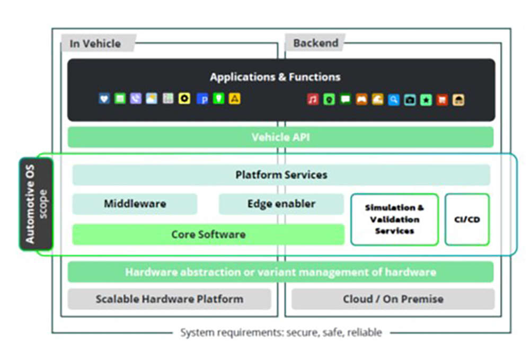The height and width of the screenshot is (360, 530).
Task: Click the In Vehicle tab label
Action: point(95,43)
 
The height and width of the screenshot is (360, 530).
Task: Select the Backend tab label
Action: point(315,43)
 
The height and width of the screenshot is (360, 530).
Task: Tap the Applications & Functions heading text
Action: point(275,77)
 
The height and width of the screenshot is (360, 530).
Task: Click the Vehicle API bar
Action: point(280,137)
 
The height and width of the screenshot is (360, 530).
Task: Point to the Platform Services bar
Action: point(281,174)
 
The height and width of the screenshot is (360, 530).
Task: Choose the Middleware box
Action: point(135,204)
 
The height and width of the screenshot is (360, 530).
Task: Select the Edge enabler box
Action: point(281,204)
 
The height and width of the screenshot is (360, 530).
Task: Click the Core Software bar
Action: point(208,234)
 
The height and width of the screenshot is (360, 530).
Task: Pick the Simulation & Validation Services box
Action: point(394,219)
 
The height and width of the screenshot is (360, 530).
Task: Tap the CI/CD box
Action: point(467,219)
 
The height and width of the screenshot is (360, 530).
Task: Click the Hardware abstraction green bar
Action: point(280,272)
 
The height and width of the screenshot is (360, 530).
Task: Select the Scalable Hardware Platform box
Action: point(169,299)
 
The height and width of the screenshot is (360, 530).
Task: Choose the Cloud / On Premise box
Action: point(393,299)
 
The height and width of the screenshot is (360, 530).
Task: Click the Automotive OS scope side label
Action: point(37,204)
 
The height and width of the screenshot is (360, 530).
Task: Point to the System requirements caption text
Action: point(281,332)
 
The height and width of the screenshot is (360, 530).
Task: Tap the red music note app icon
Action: point(313,99)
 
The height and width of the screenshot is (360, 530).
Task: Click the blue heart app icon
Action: point(104,99)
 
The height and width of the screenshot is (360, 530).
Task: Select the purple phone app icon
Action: point(136,99)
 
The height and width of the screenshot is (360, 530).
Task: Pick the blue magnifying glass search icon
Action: point(393,99)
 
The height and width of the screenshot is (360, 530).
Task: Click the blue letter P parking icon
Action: point(202,99)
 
